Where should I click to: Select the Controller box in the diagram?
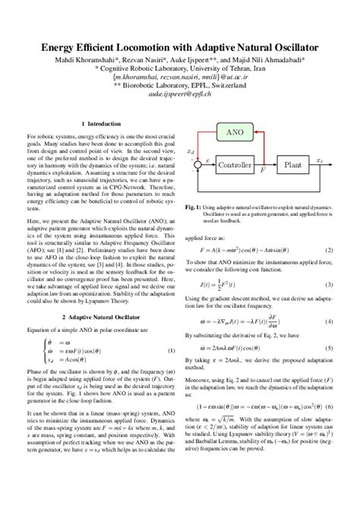(235, 164)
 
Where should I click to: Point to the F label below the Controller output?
(262, 172)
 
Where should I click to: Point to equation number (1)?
(171, 351)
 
